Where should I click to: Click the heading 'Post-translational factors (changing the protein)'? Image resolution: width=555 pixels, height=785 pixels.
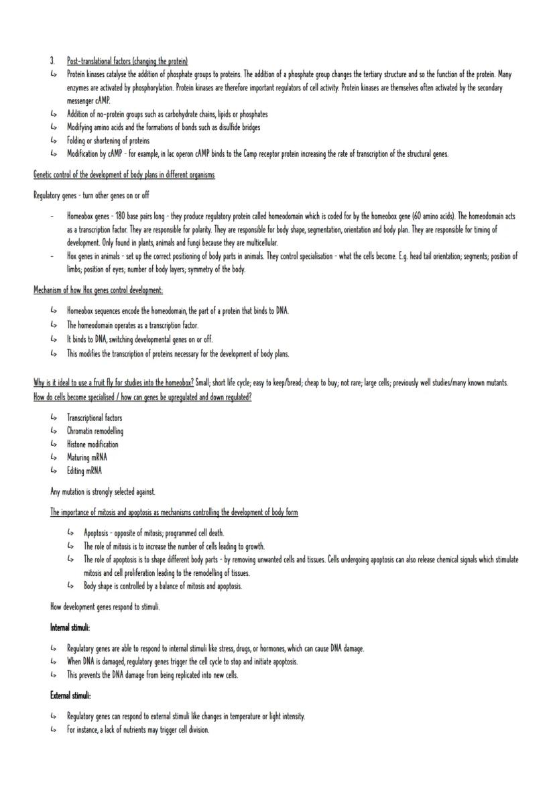(127, 61)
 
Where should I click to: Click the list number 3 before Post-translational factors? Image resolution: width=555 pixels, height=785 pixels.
(52, 61)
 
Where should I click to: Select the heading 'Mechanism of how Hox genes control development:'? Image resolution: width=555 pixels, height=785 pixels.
(98, 290)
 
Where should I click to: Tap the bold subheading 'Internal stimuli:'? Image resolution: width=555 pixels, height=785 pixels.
(70, 627)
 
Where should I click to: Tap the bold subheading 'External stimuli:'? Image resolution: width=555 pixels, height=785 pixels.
(70, 695)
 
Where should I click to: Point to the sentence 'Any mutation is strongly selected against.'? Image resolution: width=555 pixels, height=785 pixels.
(103, 491)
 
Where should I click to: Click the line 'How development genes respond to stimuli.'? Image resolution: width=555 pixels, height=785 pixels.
(105, 607)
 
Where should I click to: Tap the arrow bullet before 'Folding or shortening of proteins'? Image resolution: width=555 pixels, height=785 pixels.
(54, 141)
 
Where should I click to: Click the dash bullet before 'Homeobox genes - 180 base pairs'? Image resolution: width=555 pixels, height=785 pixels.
(52, 217)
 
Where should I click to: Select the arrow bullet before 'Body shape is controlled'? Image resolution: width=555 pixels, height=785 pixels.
(70, 586)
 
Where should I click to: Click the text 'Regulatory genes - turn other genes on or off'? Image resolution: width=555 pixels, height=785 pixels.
(91, 195)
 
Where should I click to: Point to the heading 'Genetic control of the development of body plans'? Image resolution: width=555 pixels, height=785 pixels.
(124, 175)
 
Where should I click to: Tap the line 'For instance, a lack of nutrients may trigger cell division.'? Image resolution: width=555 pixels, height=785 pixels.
(137, 729)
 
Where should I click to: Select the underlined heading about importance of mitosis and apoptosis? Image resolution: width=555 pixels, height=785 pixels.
(174, 512)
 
